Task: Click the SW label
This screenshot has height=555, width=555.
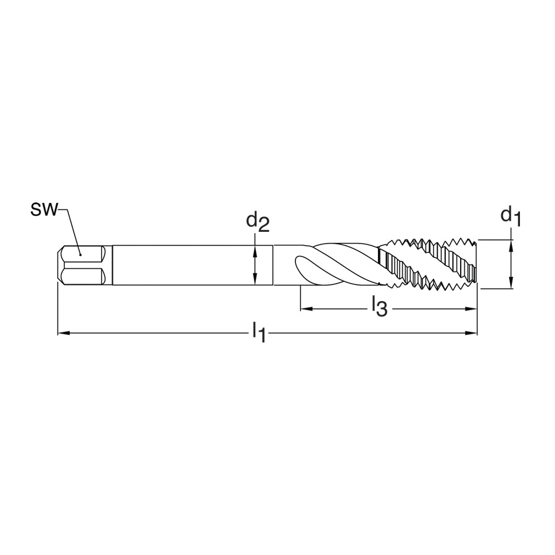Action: pos(44,210)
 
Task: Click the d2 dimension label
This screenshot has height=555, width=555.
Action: pos(258,222)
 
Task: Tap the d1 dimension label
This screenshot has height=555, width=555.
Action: pos(511,216)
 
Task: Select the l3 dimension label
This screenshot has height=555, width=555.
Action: pos(379,307)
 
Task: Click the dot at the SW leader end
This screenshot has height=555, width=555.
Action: pos(81,254)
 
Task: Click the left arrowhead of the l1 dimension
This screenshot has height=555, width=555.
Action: pos(63,333)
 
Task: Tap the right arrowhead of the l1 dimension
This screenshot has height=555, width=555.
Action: pos(471,333)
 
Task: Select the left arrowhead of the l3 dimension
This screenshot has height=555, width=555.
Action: pos(306,309)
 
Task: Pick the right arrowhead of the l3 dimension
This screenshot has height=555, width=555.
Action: pos(471,309)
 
